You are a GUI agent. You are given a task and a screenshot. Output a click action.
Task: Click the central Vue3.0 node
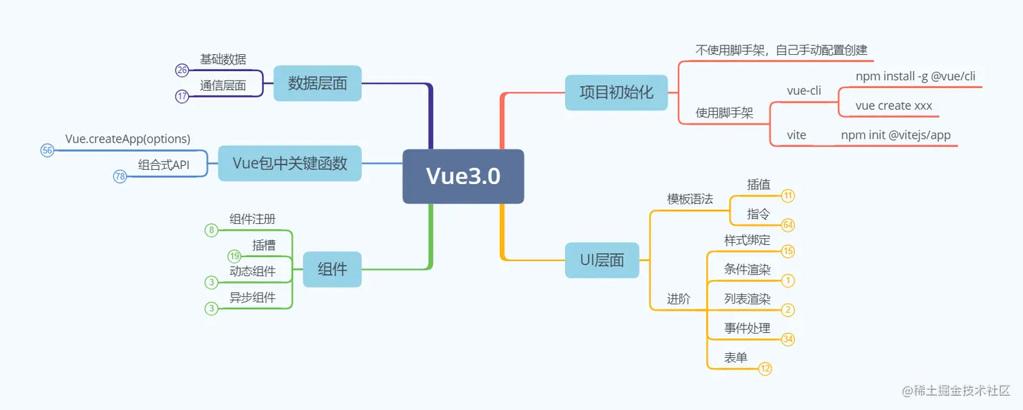pos(463,177)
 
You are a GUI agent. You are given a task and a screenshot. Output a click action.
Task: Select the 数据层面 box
pos(317,83)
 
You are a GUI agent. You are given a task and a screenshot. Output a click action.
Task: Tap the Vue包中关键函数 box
pos(290,163)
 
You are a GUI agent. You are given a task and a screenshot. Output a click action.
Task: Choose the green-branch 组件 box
pos(332,269)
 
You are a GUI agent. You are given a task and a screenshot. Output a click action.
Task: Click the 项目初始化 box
pos(616,92)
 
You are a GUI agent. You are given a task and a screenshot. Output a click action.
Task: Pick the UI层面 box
pos(601,260)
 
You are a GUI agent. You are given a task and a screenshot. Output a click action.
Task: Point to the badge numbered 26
pos(182,70)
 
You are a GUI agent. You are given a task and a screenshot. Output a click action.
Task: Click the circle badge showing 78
pos(120,177)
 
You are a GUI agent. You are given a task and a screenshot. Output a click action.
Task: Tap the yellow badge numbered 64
pos(788,225)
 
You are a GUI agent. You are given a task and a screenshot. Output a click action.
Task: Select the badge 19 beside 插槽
pos(235,256)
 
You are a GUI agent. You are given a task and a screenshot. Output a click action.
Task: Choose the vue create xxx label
pos(893,106)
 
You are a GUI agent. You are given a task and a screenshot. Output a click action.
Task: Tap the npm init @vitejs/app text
pos(895,135)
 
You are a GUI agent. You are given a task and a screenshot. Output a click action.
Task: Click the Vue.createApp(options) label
pos(128,139)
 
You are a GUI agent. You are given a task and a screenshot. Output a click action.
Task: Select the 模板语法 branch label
pos(689,199)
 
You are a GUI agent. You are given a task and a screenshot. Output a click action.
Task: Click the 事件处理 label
pos(747,328)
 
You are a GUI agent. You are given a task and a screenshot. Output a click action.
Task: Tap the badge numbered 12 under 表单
pos(765,369)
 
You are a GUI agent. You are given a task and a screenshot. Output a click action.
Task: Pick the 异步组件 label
pos(252,298)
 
